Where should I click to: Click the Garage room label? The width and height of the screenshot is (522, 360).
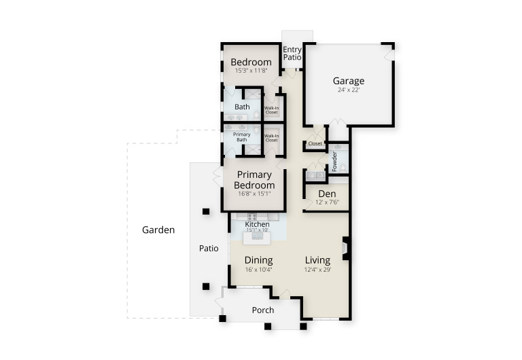coord(349,81)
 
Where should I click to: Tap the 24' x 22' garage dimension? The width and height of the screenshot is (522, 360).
coord(349,90)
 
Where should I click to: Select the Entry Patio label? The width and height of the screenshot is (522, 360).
coord(292,53)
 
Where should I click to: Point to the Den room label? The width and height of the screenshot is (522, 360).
coord(327,194)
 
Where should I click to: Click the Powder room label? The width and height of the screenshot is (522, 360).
coord(334,162)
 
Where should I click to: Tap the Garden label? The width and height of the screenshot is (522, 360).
coord(158,230)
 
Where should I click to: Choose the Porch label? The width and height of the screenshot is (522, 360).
coord(263,310)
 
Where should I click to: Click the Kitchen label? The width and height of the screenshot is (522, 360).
coord(257,224)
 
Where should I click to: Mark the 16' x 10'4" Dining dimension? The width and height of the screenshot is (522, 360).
coord(259,270)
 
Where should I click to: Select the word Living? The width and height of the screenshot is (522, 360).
coord(317,260)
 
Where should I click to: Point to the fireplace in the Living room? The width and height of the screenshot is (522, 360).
coord(345,248)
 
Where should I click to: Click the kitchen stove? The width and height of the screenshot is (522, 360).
coord(252,217)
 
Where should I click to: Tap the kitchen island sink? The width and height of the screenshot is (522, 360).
coord(257,236)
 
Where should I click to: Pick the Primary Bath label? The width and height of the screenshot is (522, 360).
coord(242,137)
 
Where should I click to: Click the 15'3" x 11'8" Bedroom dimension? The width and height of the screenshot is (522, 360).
coord(251,71)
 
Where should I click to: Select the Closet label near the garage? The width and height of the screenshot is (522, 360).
coord(315,144)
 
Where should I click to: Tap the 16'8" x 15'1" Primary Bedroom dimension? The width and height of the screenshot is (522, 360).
coord(254,194)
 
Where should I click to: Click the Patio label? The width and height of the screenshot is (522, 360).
coord(209,249)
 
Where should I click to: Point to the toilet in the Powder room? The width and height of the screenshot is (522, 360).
coord(343,168)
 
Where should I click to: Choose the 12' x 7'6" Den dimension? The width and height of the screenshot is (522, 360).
coord(327,202)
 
